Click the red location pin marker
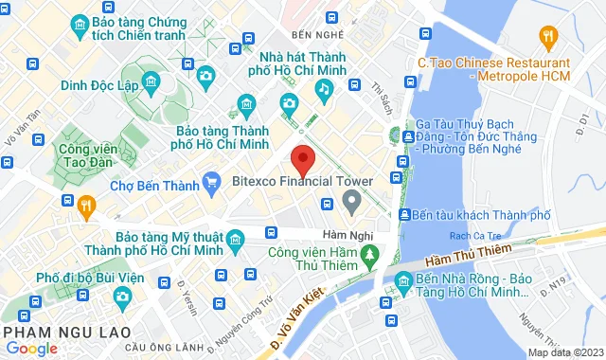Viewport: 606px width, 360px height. click(302, 158)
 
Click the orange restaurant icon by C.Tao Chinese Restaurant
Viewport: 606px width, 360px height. click(547, 37)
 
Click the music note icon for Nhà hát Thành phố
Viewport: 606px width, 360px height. click(324, 89)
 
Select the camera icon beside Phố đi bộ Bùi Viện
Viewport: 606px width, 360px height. click(122, 297)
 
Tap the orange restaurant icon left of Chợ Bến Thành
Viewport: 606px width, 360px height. click(86, 205)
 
